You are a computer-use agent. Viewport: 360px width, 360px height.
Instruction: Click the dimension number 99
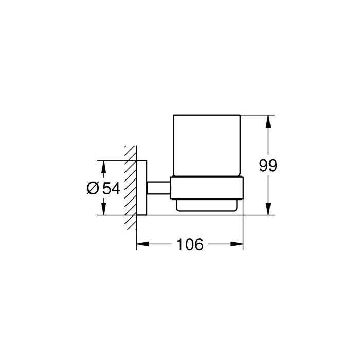pyautogui.click(x=268, y=166)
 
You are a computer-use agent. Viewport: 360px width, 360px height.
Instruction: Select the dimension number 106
pyautogui.click(x=190, y=244)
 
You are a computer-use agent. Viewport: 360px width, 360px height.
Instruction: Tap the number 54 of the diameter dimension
pyautogui.click(x=111, y=189)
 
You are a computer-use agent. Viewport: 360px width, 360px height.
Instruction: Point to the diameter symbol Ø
pyautogui.click(x=93, y=188)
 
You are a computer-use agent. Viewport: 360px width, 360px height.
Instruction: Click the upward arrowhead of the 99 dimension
pyautogui.click(x=268, y=121)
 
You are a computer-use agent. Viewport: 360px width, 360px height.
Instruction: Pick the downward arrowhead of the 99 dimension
pyautogui.click(x=268, y=209)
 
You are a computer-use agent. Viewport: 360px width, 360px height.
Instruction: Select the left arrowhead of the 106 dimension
pyautogui.click(x=142, y=244)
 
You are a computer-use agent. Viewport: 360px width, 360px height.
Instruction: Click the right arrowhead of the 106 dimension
pyautogui.click(x=237, y=244)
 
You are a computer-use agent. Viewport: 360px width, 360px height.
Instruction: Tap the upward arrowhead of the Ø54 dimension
pyautogui.click(x=104, y=167)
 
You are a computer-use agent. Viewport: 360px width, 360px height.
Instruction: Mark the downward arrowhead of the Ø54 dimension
pyautogui.click(x=104, y=209)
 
